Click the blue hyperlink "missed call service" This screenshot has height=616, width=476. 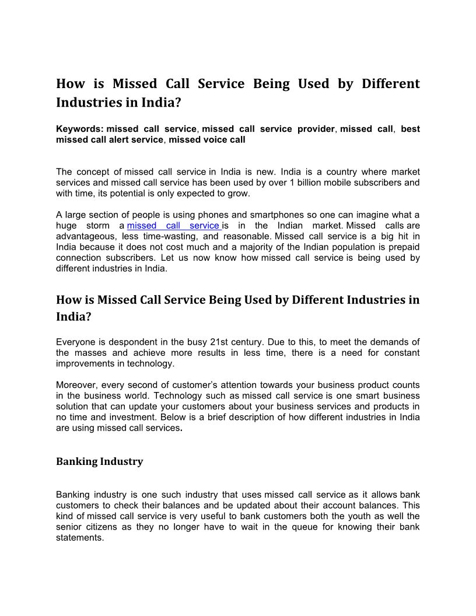[173, 225]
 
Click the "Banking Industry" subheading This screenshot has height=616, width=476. [99, 461]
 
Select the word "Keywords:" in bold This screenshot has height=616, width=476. [79, 129]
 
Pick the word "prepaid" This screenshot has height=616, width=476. [403, 247]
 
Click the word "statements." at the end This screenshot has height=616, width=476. [80, 538]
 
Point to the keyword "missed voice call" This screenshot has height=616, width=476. [207, 139]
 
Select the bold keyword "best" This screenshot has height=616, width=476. [410, 129]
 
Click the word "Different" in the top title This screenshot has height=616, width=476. [390, 83]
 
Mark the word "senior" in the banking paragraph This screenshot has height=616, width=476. [69, 527]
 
